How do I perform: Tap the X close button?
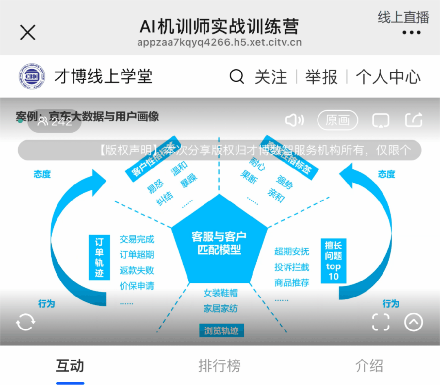pos(28,33)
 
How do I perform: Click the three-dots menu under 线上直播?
pos(411,33)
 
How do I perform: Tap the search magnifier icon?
pos(237,77)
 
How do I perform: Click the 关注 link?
pos(271,77)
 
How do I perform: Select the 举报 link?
pos(321,77)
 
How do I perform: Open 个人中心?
pos(388,77)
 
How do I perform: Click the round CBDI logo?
pos(32,77)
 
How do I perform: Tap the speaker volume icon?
pos(294,120)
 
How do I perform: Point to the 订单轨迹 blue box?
pos(99,257)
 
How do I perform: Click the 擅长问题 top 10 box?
pos(333,261)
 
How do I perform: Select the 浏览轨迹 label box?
pos(221,330)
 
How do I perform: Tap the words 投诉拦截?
pos(292,267)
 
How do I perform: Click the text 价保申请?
pos(137,286)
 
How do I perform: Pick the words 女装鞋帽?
pos(220,293)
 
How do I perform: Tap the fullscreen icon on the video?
pos(381,322)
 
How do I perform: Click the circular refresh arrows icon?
pos(25,322)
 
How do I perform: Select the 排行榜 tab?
pos(219,365)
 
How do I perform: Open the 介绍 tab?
pos(369,365)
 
